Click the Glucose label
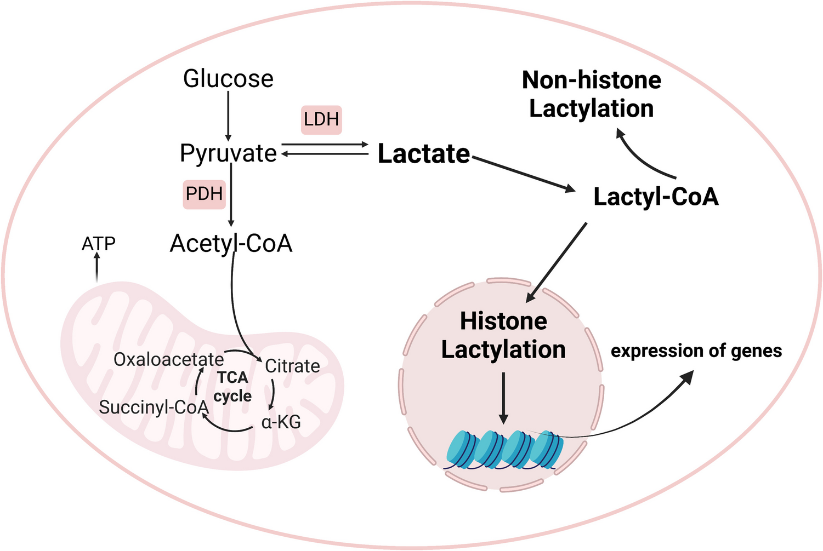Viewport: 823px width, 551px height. pos(228,79)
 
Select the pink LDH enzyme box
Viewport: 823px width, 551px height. pos(321,119)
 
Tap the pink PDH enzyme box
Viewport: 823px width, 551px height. pos(204,194)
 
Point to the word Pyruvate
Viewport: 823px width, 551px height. pos(228,153)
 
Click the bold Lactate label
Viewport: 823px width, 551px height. pos(424,154)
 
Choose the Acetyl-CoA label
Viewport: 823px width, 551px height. pos(231,243)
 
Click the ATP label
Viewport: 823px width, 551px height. pos(99,244)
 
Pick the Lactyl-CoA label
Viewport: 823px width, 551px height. pos(656,197)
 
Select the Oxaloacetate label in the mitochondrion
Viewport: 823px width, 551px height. pos(168,360)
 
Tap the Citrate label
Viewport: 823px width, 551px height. pos(292,366)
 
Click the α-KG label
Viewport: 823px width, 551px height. pos(281,422)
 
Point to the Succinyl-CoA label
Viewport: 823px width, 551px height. pos(154,407)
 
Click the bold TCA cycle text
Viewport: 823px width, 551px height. pos(232,387)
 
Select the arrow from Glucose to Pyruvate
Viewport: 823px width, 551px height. pos(228,116)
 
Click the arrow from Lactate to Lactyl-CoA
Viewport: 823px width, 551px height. pos(524,174)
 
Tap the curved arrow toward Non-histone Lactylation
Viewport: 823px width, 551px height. pos(642,156)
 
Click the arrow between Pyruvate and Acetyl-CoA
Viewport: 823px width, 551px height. pos(231,194)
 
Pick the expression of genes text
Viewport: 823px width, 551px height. pos(696,351)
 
